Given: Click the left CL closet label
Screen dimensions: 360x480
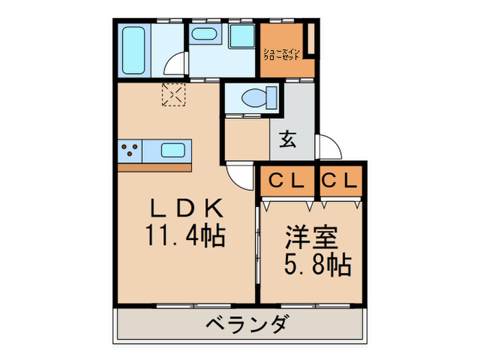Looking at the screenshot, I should click(x=286, y=182).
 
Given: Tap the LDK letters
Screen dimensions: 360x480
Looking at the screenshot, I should click(x=184, y=208).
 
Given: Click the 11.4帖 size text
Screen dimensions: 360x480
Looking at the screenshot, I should click(x=184, y=236).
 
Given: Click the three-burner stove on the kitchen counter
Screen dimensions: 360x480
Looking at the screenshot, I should click(x=130, y=149).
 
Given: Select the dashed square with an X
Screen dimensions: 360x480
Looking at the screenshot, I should click(x=173, y=95).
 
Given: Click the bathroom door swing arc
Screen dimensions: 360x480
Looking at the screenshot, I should click(x=176, y=65).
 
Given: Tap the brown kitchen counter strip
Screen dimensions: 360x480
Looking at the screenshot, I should click(x=154, y=167).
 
